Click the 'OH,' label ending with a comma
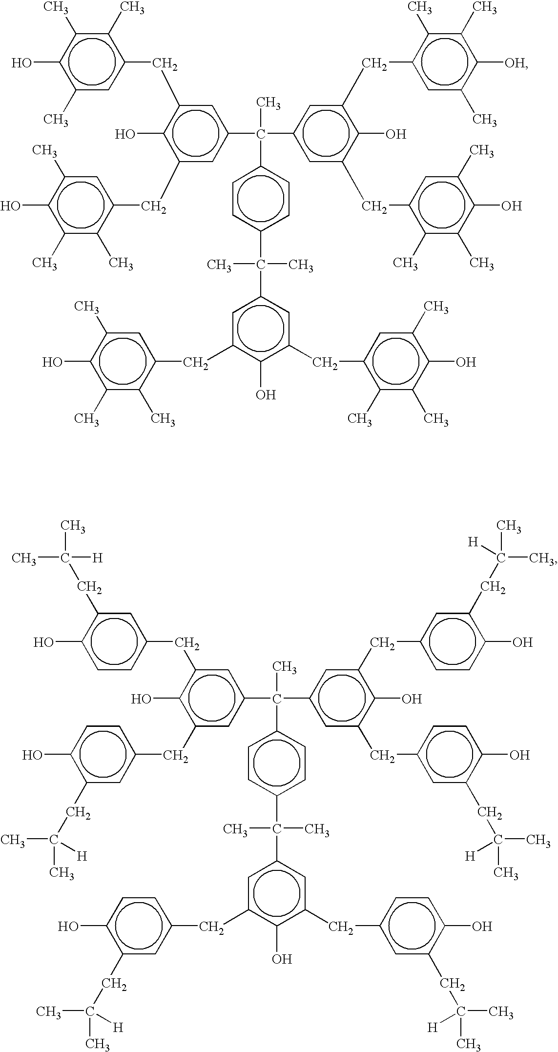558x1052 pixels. click(x=517, y=63)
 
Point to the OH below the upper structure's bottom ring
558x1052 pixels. click(x=266, y=394)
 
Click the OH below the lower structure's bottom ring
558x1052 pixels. click(x=282, y=959)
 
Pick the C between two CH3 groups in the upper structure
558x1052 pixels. click(x=261, y=265)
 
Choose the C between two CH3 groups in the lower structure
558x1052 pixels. click(x=277, y=829)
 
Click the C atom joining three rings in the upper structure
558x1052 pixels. click(x=261, y=134)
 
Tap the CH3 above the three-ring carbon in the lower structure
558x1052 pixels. click(x=285, y=667)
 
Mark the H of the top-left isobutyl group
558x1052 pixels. click(x=98, y=558)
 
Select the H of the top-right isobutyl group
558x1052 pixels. click(x=472, y=542)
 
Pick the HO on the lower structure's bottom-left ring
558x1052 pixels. click(x=68, y=927)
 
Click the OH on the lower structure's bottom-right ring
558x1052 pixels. click(x=481, y=927)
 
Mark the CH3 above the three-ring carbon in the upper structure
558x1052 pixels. click(x=269, y=103)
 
